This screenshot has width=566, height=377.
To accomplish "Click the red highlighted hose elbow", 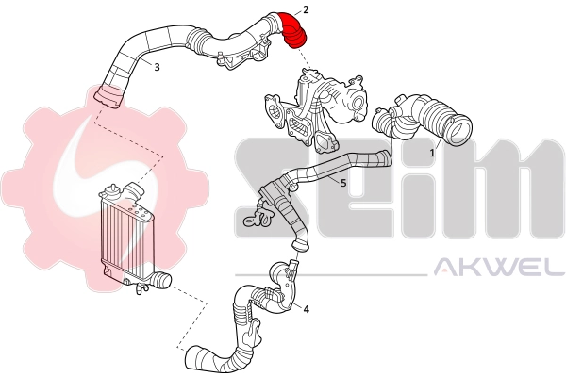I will click(x=295, y=27).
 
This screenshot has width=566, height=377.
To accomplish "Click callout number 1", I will click(x=433, y=151).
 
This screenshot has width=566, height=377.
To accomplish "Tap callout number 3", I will click(x=157, y=67).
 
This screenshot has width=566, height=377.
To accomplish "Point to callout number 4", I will click(x=307, y=307).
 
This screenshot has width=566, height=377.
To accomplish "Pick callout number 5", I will click(x=343, y=182).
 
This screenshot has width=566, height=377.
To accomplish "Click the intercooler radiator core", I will click(x=128, y=236).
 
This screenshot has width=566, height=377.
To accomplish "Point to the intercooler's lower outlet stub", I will click(x=162, y=280).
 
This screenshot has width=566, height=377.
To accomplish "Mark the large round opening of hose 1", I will click(x=461, y=129).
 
